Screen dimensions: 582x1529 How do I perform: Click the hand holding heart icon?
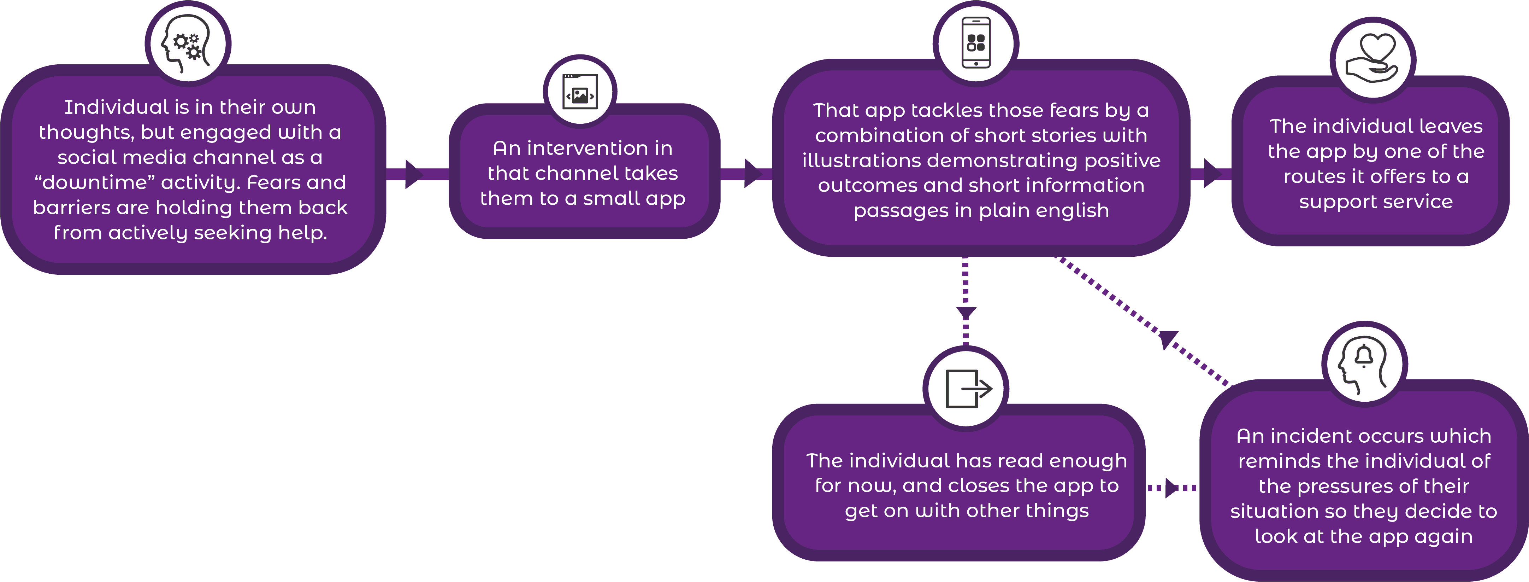[1372, 58]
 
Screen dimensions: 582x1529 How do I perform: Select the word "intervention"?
[587, 148]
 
